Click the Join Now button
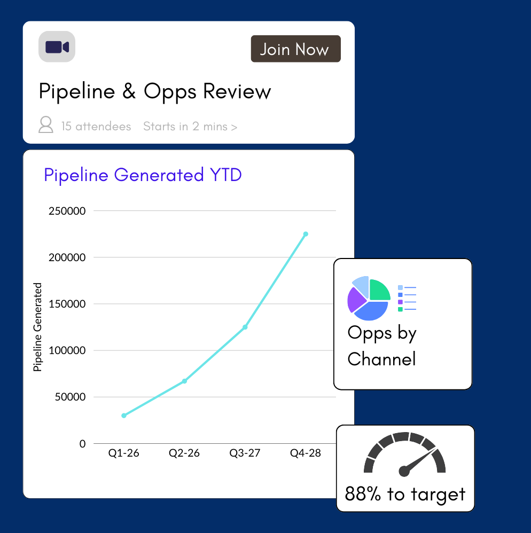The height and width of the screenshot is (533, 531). (295, 49)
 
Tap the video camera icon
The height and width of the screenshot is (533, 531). (57, 47)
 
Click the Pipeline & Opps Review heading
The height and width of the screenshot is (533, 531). (155, 92)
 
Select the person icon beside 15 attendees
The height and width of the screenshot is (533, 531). (46, 126)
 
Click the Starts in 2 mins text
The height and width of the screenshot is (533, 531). (190, 127)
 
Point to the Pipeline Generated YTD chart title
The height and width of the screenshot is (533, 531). (143, 175)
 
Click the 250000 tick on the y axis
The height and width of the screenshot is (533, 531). (67, 211)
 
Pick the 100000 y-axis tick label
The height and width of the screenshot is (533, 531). (67, 351)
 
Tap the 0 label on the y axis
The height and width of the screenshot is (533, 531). (82, 444)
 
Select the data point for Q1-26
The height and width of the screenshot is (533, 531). (124, 416)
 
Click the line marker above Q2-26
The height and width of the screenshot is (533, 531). (184, 381)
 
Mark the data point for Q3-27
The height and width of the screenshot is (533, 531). (245, 327)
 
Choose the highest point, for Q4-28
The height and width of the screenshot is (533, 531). (306, 234)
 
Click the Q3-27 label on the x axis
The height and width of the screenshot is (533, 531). (245, 453)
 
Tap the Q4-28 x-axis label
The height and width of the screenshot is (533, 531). (306, 453)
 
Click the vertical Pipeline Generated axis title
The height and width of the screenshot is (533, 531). (37, 327)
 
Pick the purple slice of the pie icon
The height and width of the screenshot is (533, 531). (354, 300)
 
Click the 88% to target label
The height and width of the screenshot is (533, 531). (405, 494)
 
